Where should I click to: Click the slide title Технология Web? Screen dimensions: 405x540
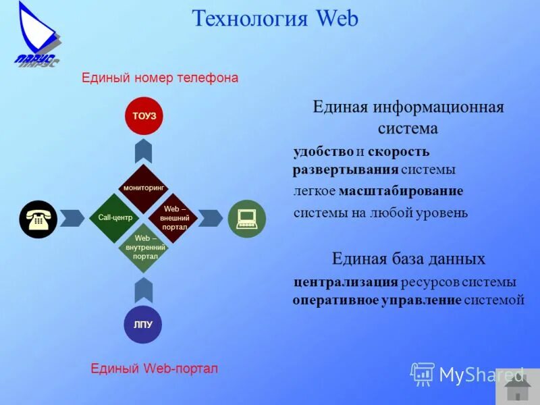coord(275,18)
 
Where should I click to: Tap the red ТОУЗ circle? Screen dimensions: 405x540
coord(144,115)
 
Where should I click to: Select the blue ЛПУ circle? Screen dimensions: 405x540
coord(143,324)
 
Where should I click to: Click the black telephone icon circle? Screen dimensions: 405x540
coord(38,219)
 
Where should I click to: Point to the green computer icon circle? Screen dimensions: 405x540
coord(246,218)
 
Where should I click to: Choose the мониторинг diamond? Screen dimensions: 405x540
coord(144,188)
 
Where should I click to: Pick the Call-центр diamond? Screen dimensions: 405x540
coord(114,218)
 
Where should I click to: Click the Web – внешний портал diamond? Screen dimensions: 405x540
coord(173,217)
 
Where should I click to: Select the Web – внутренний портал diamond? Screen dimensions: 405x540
coord(144,247)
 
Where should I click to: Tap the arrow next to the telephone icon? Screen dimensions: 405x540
coord(72,218)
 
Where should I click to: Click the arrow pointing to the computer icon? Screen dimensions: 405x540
coord(211,218)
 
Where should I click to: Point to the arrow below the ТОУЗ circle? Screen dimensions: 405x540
coord(143,151)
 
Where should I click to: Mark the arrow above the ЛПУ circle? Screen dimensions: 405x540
coord(143,290)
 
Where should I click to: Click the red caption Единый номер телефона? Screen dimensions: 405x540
coord(160,78)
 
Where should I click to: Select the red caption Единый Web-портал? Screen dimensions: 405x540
coord(155,369)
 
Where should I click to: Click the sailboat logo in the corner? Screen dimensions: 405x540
coord(37,34)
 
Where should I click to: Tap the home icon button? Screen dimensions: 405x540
coord(518,387)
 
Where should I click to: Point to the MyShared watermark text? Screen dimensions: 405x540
coord(481,375)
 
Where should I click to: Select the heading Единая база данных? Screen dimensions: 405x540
coord(408,259)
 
